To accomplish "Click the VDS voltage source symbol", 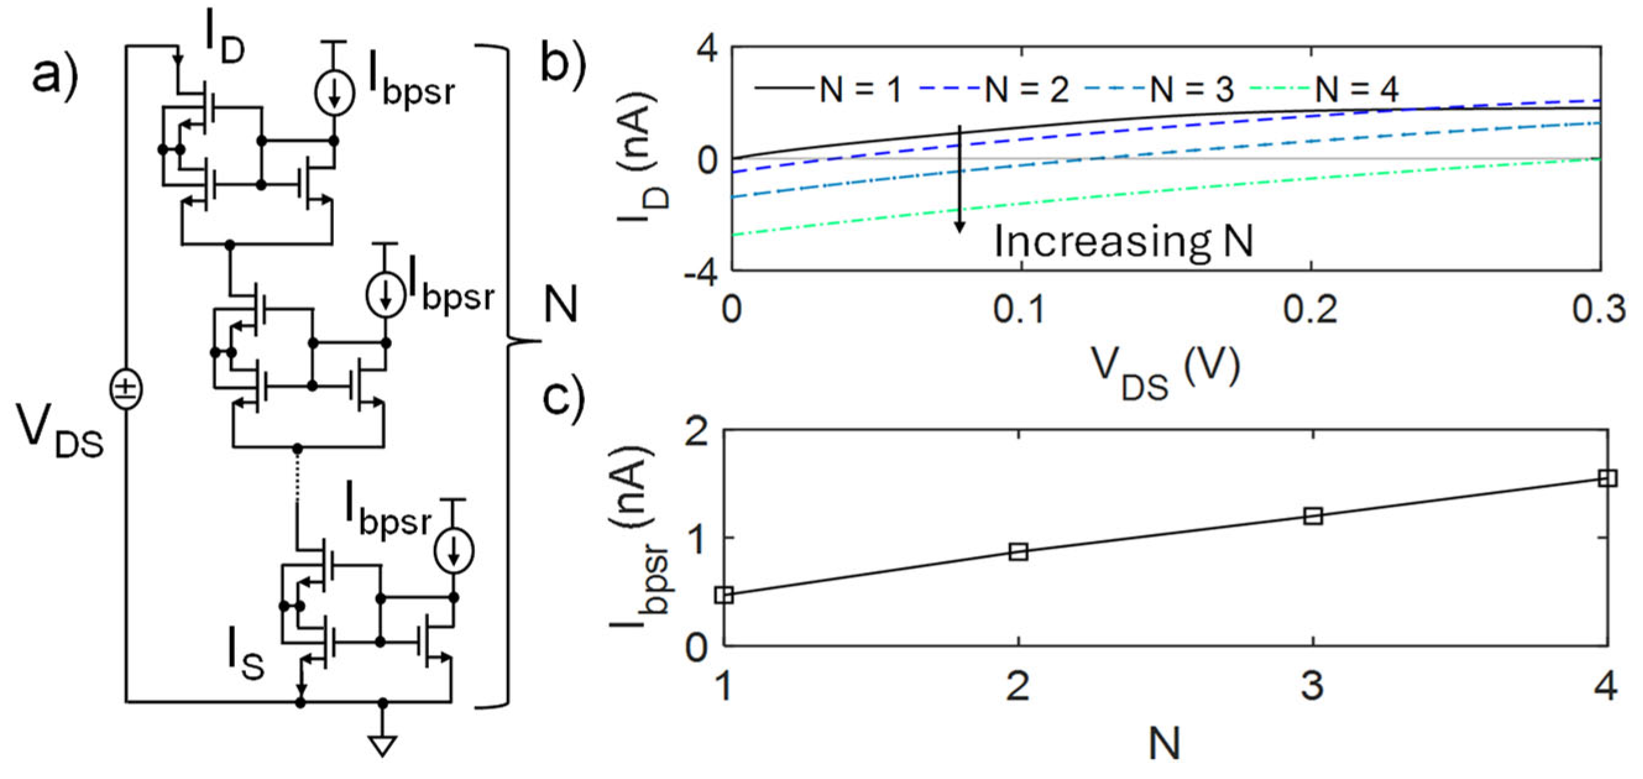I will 126,389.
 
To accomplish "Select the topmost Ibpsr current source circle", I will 334,95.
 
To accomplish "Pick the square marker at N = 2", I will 1019,552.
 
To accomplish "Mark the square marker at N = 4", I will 1608,479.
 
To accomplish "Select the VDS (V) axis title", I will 1166,373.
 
